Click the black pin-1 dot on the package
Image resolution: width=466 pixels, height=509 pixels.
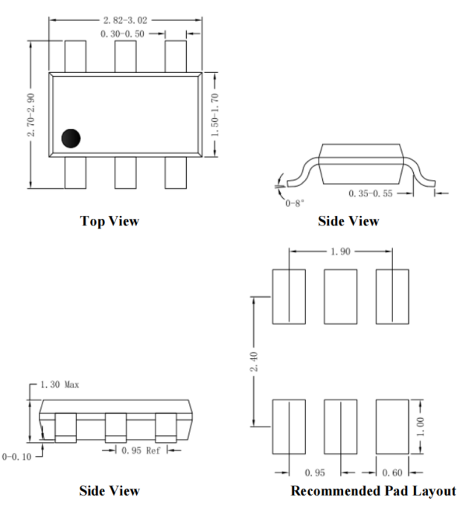click(x=71, y=138)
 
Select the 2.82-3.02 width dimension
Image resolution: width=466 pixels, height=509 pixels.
click(x=125, y=20)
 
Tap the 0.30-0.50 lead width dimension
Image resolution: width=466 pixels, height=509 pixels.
click(x=122, y=33)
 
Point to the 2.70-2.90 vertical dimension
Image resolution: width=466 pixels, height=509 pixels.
click(x=31, y=115)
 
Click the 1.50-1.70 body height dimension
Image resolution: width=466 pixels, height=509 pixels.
click(x=215, y=115)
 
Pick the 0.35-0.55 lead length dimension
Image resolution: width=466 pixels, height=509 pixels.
click(x=370, y=193)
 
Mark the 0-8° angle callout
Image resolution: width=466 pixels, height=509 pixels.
click(x=295, y=203)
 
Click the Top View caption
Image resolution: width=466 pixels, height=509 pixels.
click(x=109, y=221)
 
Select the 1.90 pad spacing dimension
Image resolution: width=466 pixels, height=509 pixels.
click(x=340, y=252)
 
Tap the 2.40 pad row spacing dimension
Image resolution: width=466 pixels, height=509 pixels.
click(x=255, y=362)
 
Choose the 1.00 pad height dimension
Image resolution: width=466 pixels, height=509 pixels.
click(x=420, y=427)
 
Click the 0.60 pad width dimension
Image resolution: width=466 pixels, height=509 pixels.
click(x=392, y=473)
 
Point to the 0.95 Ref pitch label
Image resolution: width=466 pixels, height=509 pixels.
click(x=141, y=450)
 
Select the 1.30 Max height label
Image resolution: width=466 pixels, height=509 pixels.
click(x=60, y=385)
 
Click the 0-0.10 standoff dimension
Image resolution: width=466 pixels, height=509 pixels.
click(x=16, y=457)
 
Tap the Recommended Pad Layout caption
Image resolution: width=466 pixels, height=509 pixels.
click(x=373, y=491)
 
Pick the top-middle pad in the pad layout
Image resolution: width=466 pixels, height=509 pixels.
click(x=340, y=296)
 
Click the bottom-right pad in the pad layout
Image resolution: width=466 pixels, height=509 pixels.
click(x=392, y=427)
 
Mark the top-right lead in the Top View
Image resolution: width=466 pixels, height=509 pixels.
click(x=176, y=57)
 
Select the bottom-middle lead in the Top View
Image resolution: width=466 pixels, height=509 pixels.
click(x=125, y=173)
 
